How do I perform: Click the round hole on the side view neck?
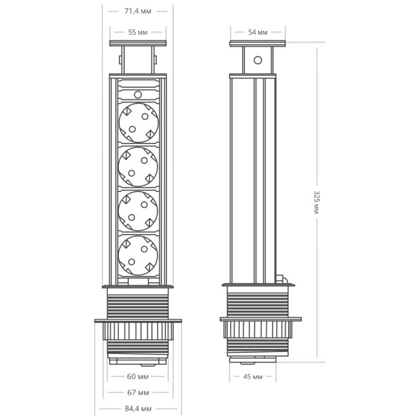tap(257, 61)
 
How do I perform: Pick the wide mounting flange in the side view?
tap(260, 318)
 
